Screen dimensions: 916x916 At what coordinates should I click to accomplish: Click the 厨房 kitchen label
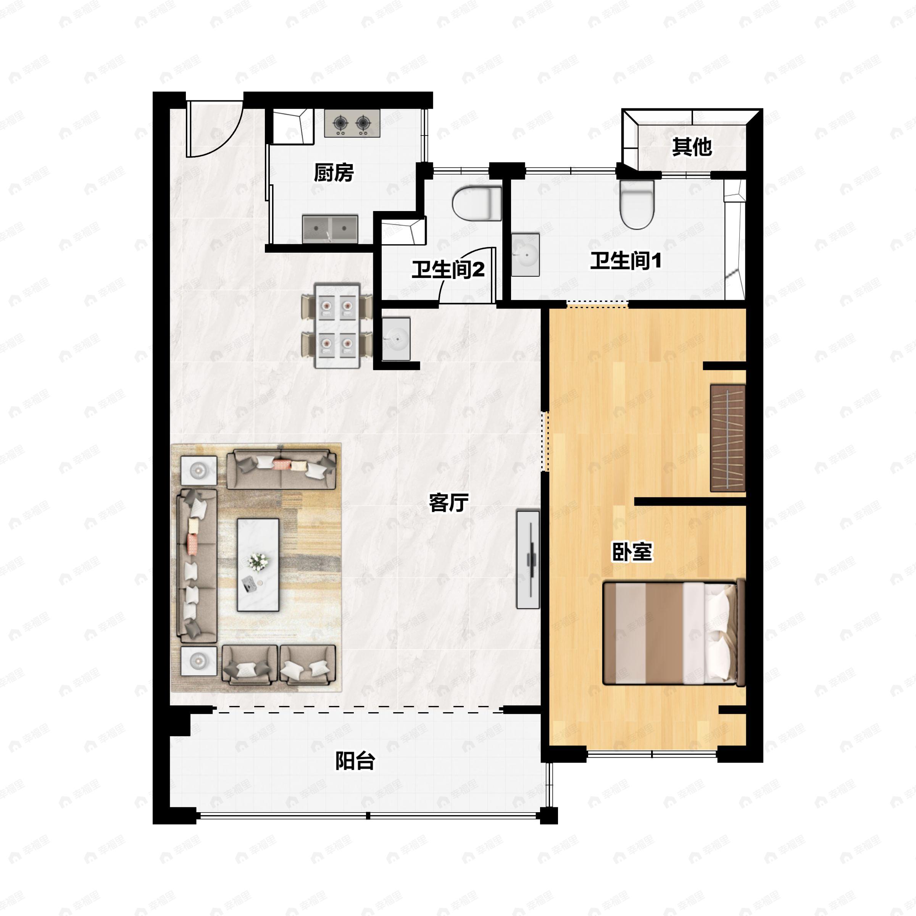coord(334,173)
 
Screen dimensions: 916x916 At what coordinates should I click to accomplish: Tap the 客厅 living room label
coord(448,503)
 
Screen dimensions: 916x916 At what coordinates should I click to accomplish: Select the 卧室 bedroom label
coord(632,552)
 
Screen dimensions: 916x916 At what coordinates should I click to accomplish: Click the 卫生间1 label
coord(626,260)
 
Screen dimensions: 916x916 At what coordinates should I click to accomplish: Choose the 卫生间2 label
coord(448,270)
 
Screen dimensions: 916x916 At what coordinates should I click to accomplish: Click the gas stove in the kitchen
coord(352,123)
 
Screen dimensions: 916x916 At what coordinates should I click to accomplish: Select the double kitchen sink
coord(331,229)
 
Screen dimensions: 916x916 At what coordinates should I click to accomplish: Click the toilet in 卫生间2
coord(476,204)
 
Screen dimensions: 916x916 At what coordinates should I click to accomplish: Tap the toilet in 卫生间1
coord(637,204)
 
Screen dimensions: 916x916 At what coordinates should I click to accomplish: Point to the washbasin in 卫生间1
coord(525,254)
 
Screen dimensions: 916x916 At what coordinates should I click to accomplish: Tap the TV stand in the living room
coord(528,560)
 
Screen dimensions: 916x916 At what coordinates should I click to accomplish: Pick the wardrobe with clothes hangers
coord(728,438)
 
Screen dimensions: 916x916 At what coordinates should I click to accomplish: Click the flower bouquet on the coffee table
coord(258,561)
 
